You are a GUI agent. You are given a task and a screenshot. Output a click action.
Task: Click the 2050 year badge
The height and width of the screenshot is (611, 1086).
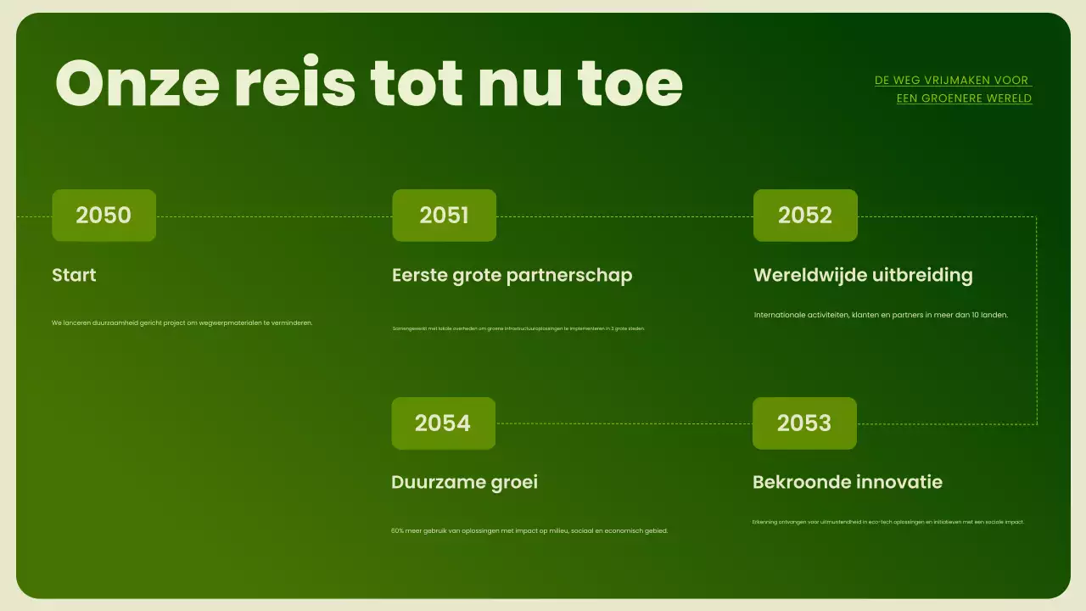[104, 216]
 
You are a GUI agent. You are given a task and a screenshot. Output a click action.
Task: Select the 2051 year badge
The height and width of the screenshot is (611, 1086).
[444, 216]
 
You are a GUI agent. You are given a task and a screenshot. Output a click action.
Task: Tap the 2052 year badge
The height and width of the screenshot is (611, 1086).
[805, 216]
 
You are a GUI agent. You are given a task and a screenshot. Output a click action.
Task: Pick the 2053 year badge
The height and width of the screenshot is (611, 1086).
[804, 423]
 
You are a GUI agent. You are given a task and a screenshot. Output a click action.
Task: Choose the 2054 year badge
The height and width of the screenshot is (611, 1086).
[443, 423]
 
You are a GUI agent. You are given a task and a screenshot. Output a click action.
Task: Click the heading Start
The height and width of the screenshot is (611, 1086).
[74, 275]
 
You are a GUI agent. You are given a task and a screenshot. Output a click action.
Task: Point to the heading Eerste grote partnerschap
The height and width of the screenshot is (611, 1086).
[512, 275]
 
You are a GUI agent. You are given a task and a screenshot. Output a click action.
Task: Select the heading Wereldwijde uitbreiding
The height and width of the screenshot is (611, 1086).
[863, 275]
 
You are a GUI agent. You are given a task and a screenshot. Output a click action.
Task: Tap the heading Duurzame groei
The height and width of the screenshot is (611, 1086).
[464, 482]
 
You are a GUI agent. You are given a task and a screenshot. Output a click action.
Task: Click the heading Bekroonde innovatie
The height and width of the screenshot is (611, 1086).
[848, 482]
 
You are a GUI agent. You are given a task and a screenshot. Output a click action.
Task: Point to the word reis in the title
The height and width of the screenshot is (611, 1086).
[295, 83]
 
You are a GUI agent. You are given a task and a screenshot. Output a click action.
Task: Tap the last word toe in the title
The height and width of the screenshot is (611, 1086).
[630, 83]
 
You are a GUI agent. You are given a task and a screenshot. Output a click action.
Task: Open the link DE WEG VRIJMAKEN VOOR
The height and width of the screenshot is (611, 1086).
[952, 81]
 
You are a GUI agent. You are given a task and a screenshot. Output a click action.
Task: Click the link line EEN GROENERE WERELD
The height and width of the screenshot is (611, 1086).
[964, 98]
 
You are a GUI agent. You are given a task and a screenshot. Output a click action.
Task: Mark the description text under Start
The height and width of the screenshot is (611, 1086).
[182, 322]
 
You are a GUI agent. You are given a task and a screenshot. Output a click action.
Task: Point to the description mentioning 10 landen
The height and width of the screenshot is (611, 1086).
[881, 315]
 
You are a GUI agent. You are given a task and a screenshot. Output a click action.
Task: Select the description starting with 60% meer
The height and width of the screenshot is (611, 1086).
[529, 531]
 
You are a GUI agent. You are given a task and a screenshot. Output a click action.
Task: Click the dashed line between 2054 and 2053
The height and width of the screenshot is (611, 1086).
[624, 423]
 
